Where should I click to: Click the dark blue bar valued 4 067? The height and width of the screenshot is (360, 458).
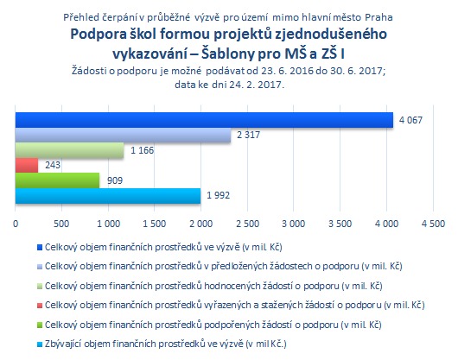tap(204, 120)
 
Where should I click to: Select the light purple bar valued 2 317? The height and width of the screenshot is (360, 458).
tap(123, 135)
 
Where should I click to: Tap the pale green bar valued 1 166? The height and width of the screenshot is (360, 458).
tap(69, 150)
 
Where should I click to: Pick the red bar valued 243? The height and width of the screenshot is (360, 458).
tap(27, 166)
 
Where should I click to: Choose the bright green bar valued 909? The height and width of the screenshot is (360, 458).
tap(57, 180)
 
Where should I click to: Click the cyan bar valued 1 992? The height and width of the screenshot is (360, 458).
tap(108, 196)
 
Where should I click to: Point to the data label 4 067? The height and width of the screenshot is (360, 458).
tap(410, 120)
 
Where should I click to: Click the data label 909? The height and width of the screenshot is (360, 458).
tap(115, 180)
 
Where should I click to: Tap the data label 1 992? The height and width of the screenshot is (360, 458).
tap(218, 195)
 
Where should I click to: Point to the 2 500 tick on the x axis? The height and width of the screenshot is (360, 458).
tap(248, 224)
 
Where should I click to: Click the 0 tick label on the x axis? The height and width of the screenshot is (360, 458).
tap(16, 224)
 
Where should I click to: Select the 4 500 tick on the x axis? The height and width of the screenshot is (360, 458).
tap(433, 224)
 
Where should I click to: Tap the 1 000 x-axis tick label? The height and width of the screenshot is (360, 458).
tap(108, 224)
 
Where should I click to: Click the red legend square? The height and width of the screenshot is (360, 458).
tap(40, 306)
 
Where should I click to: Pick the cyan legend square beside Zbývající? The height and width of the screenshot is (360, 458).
tap(40, 344)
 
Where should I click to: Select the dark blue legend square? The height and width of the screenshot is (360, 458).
tap(40, 248)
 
